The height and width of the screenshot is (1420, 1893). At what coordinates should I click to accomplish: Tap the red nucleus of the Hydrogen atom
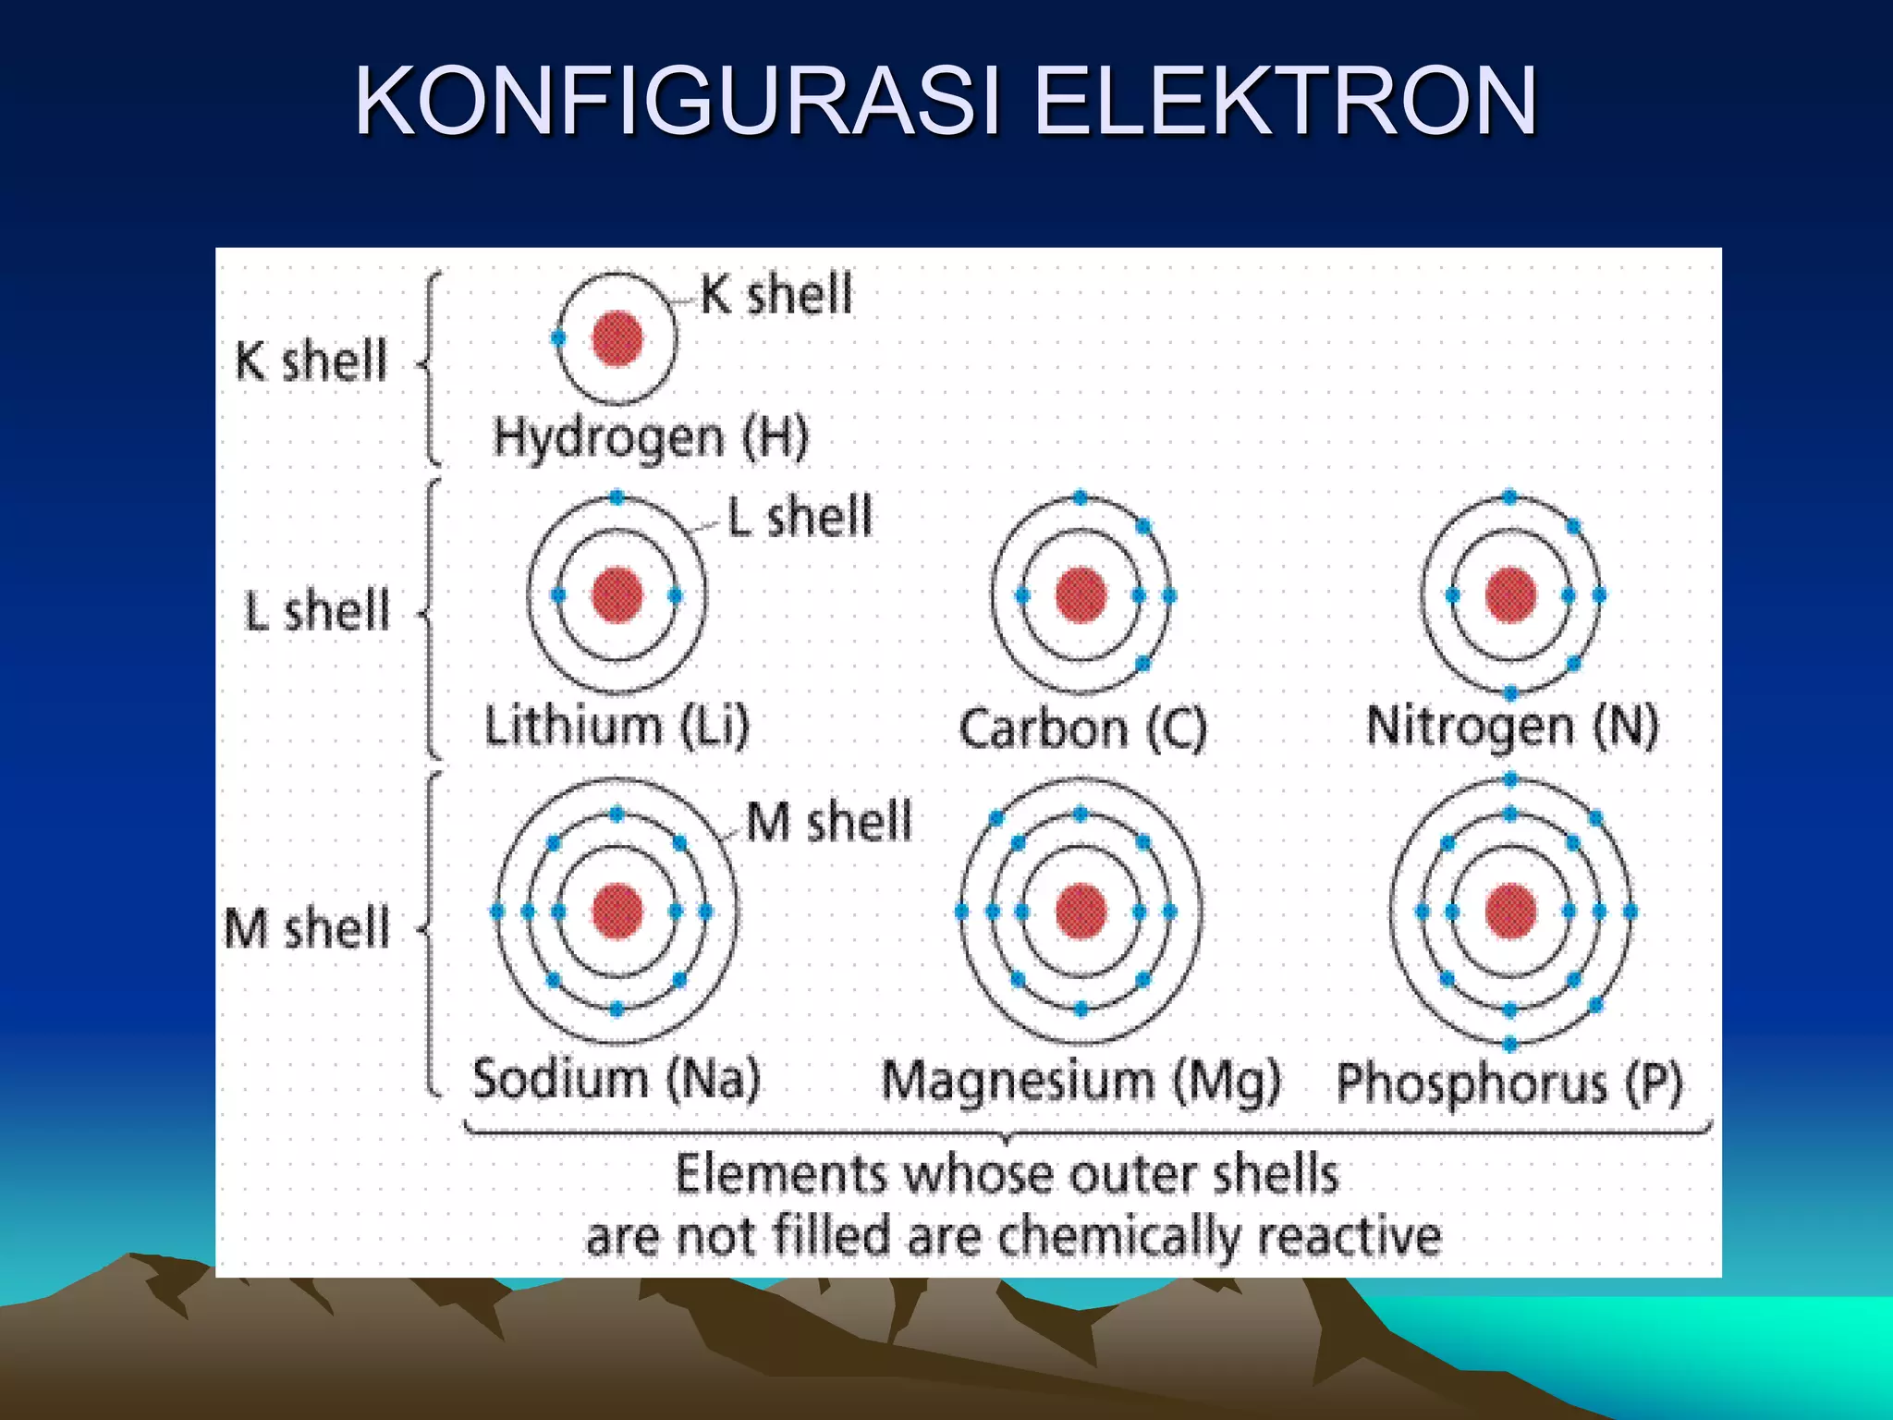617,339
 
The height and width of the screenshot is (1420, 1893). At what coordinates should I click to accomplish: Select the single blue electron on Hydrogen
558,338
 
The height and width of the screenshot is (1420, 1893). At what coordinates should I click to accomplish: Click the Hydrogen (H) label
651,437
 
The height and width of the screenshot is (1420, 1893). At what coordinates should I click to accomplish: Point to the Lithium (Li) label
617,726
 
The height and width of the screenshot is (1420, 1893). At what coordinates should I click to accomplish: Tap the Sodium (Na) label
616,1078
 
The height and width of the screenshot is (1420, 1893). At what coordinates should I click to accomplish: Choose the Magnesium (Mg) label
1081,1081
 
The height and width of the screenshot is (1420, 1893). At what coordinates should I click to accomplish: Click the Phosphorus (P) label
1509,1083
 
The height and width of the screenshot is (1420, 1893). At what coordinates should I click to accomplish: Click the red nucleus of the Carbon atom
1081,594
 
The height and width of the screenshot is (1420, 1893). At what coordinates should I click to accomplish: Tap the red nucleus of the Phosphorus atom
1510,911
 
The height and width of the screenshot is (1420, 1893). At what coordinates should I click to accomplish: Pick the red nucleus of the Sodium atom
617,911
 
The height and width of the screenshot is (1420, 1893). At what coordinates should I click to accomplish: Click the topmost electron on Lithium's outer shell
617,498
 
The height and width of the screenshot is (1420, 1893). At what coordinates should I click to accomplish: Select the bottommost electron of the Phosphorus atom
1510,1045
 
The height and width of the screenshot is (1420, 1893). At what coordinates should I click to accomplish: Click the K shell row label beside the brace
311,361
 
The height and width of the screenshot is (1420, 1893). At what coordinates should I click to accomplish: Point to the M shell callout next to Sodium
828,821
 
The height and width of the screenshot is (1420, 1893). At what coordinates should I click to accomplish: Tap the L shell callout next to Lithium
800,517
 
